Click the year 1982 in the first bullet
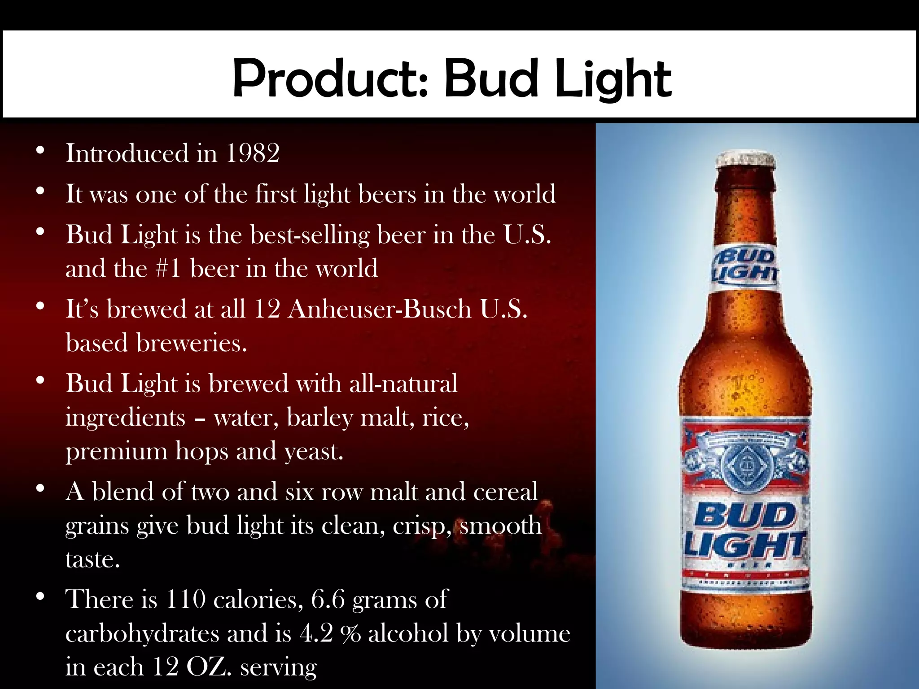click(x=253, y=153)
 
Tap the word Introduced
click(x=127, y=153)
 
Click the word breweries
click(x=192, y=343)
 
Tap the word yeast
click(x=314, y=451)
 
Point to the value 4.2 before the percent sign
click(x=316, y=633)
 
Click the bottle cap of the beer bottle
click(x=746, y=160)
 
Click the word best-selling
click(x=310, y=235)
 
